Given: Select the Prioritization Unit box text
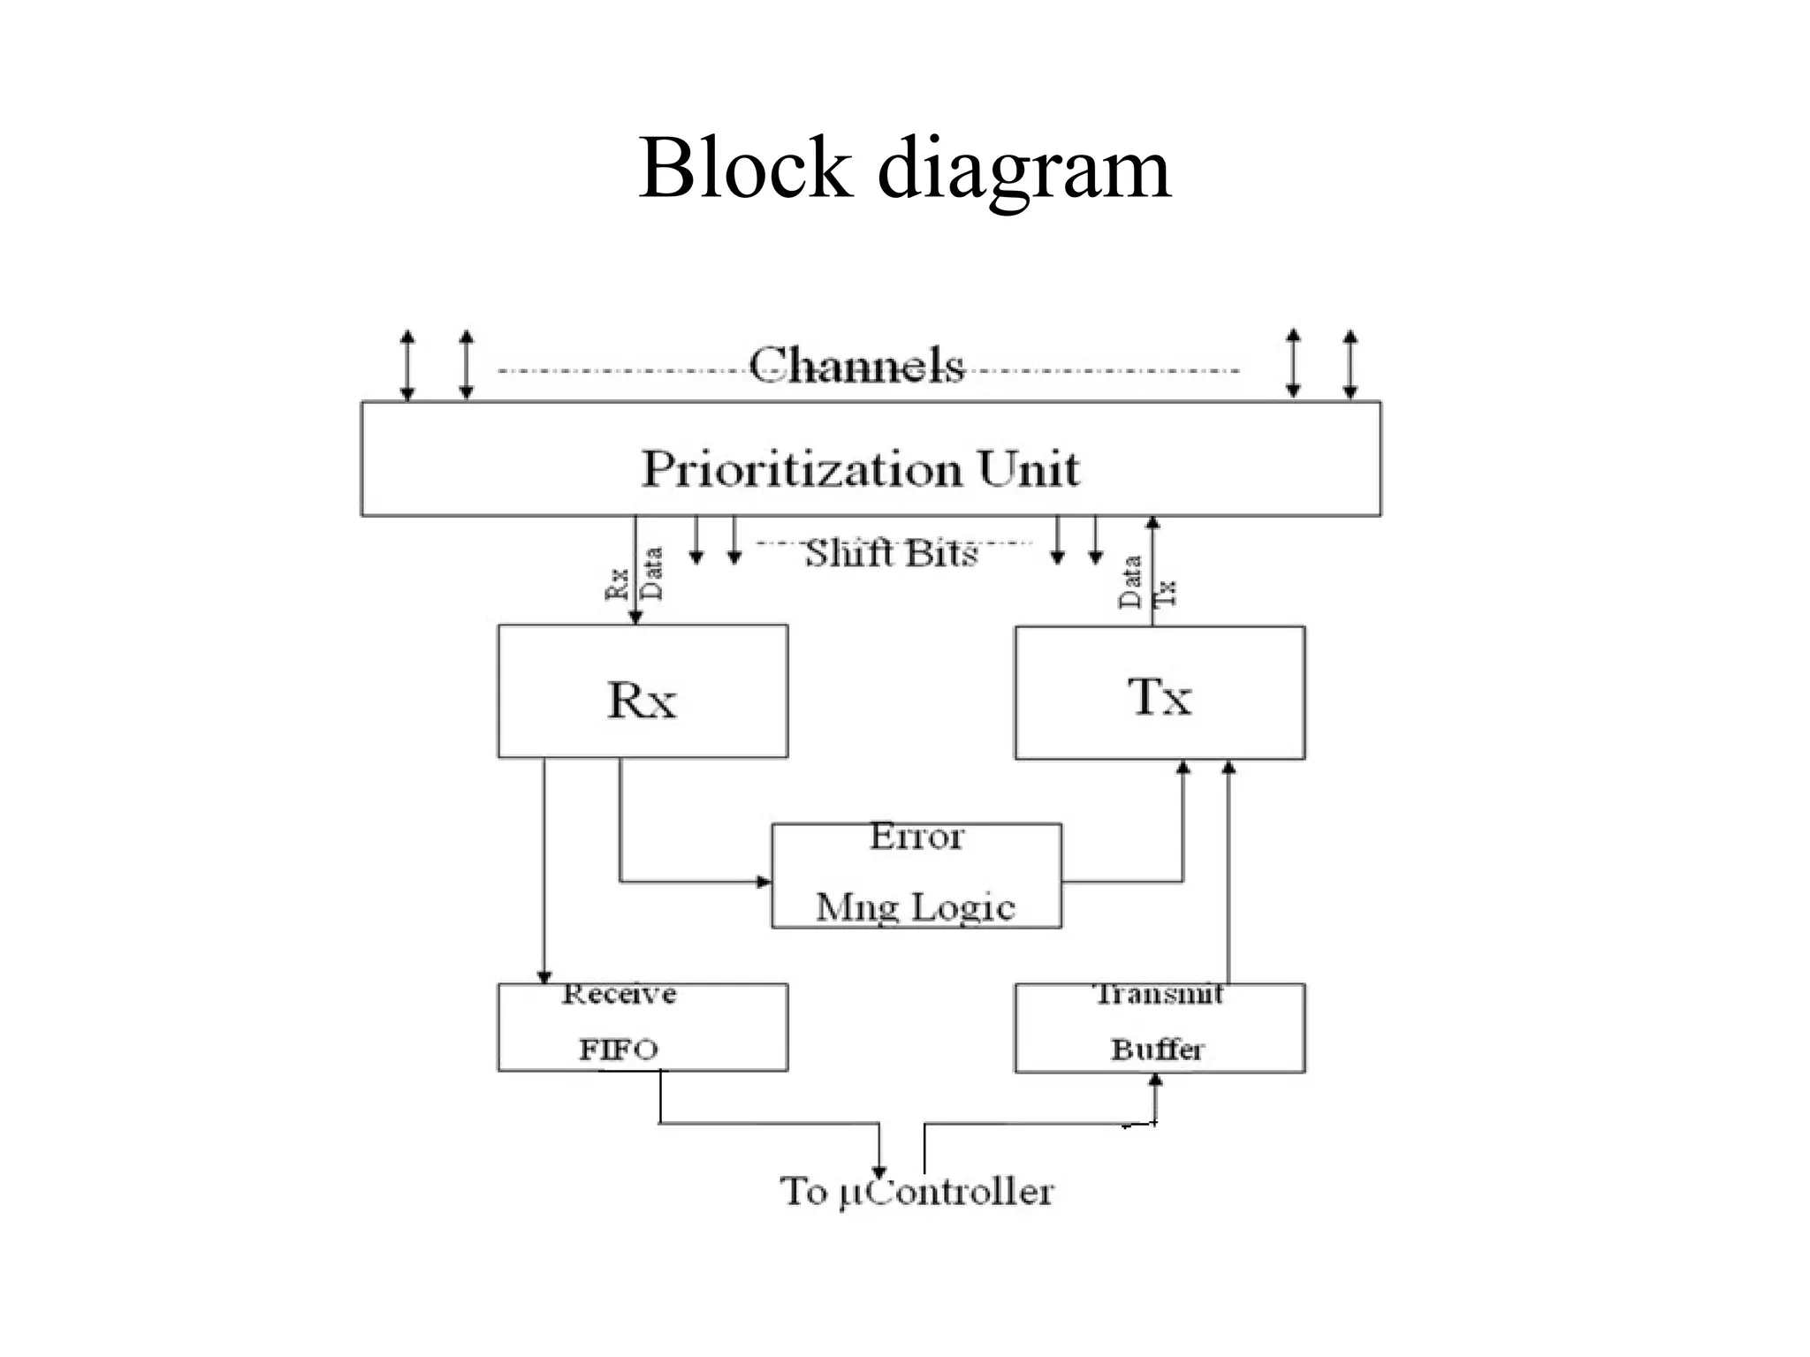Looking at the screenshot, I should click(x=860, y=468).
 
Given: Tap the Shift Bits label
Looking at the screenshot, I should click(x=891, y=554).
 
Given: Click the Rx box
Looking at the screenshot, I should click(x=643, y=692).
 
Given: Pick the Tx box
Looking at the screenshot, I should click(x=1160, y=694).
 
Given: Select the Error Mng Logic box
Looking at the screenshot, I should click(x=916, y=876).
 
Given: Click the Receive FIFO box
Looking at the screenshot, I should click(x=643, y=1027).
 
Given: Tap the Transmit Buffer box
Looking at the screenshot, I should click(x=1160, y=1028).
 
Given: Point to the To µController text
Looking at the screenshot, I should click(x=916, y=1192).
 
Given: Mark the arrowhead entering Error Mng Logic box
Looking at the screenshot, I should click(x=764, y=882).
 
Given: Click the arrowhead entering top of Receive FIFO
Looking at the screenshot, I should click(x=544, y=976).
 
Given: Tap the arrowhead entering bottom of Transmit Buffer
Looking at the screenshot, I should click(x=1155, y=1080).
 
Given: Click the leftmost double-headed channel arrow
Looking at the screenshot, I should click(x=407, y=365).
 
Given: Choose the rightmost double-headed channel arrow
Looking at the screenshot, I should click(x=1350, y=363).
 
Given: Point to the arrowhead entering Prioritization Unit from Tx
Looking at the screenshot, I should click(x=1152, y=524).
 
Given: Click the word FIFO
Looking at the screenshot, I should click(x=619, y=1050).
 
